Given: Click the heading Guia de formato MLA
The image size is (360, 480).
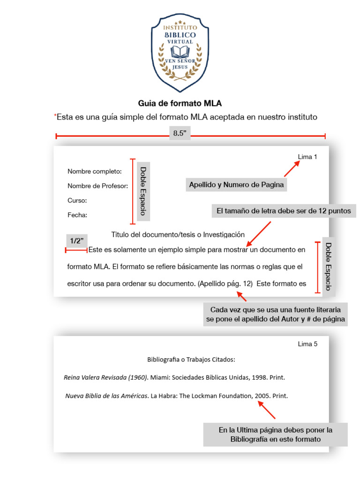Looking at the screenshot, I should (180, 103).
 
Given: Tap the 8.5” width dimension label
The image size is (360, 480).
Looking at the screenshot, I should (180, 133).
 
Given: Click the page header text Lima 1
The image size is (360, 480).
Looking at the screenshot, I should (307, 157).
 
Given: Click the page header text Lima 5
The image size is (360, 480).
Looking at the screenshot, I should (307, 344).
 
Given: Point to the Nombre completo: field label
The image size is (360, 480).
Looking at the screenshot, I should (94, 172).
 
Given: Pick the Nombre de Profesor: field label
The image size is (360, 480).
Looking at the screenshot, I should (97, 186).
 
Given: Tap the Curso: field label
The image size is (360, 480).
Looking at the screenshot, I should (77, 201).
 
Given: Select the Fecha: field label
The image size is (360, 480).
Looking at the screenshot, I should (77, 215).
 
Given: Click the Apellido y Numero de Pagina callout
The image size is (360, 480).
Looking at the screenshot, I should (236, 185).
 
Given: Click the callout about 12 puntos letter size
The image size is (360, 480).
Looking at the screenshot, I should (284, 211).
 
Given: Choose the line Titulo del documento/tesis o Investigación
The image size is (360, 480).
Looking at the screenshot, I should (178, 234).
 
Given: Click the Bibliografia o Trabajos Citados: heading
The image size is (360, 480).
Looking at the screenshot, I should (191, 360).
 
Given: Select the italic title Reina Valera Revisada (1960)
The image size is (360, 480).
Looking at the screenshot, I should (106, 377).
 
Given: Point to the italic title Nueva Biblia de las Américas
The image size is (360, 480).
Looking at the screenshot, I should (106, 396).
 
